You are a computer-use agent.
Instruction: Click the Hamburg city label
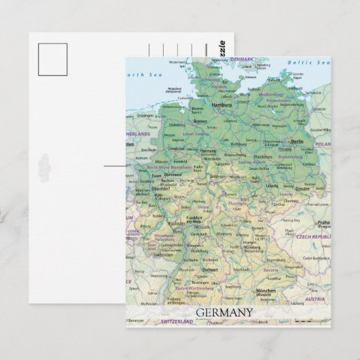[x=222, y=106]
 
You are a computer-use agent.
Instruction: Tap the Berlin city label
[x=298, y=141]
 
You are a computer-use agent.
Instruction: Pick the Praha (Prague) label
[x=323, y=222]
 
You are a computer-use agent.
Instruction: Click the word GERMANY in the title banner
[x=223, y=312]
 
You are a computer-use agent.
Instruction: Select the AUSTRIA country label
[x=314, y=299]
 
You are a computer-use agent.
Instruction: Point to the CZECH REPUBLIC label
[x=313, y=236]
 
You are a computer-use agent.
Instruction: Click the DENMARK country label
[x=240, y=59]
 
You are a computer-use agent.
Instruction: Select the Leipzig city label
[x=272, y=185]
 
